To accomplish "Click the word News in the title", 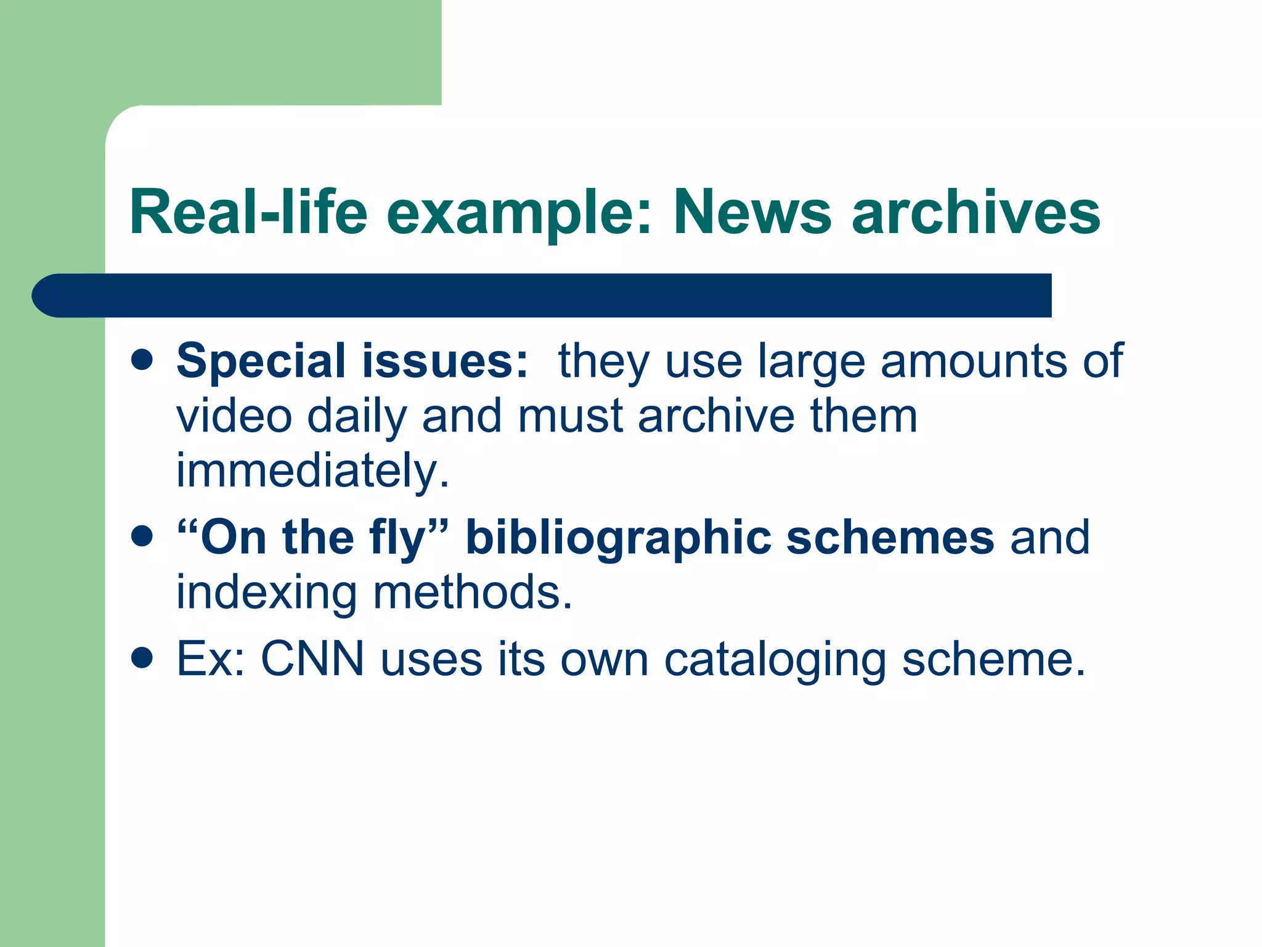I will coord(752,213).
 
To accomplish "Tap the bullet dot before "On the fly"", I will coord(142,536).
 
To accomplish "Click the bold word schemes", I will coord(890,538).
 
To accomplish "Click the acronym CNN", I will coord(312,659).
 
